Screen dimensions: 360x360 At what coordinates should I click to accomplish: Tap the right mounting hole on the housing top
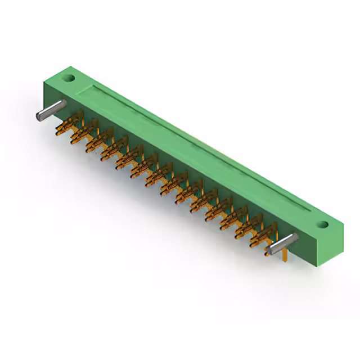[322, 224]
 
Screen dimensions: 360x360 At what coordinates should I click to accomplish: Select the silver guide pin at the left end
[51, 111]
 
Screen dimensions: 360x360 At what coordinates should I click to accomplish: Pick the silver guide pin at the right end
[282, 244]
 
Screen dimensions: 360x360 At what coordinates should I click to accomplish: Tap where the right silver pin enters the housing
[294, 238]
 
